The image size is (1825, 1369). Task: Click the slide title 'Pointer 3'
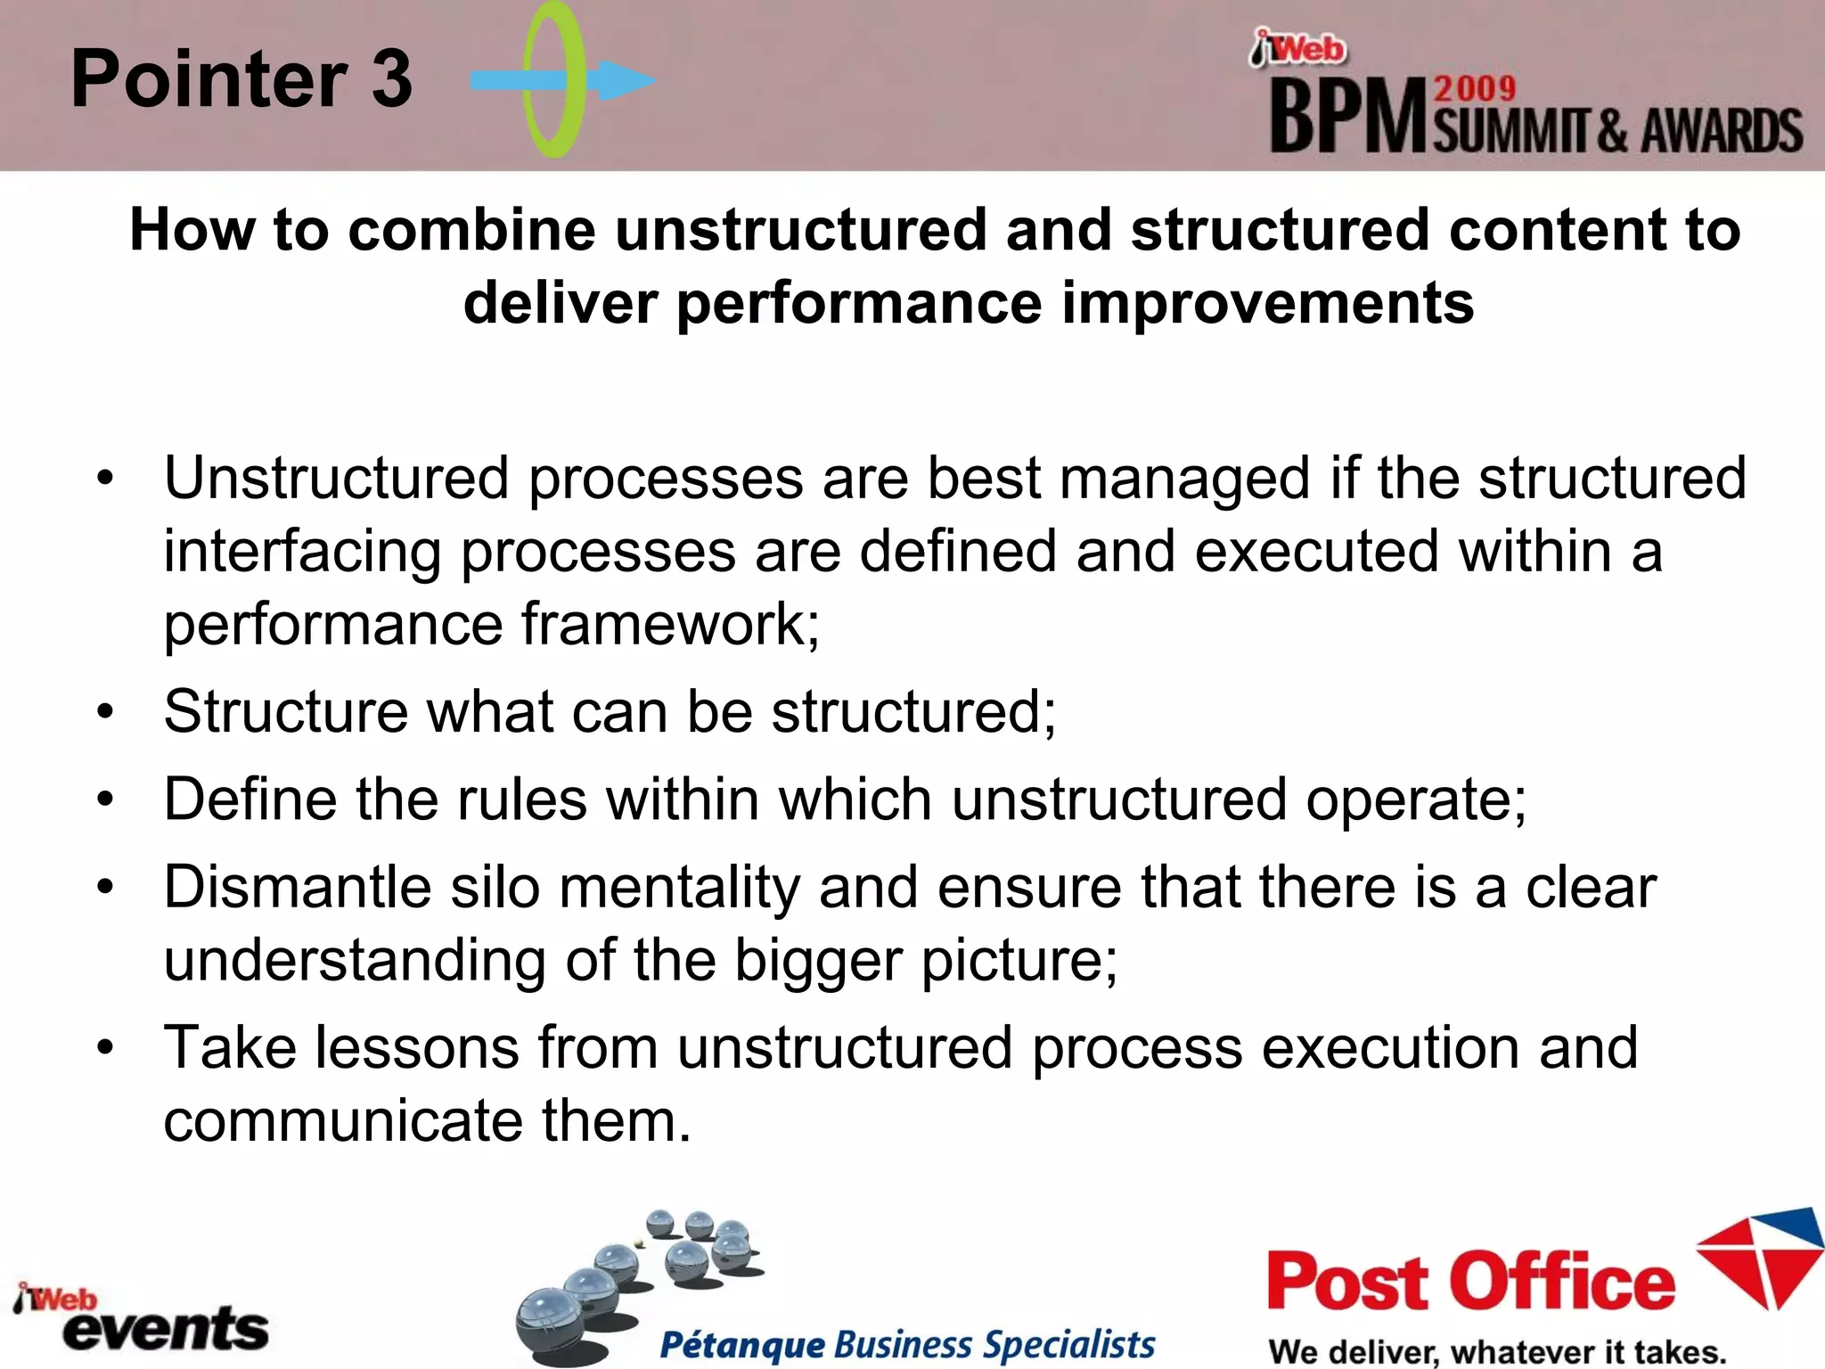pyautogui.click(x=241, y=79)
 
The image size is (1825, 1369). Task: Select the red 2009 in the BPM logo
pyautogui.click(x=1475, y=88)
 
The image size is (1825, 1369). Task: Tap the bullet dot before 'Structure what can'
pyautogui.click(x=106, y=712)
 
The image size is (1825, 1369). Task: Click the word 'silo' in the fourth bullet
pyautogui.click(x=495, y=888)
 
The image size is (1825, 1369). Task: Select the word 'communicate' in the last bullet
pyautogui.click(x=343, y=1120)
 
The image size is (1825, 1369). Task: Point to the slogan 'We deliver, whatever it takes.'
pyautogui.click(x=1497, y=1351)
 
